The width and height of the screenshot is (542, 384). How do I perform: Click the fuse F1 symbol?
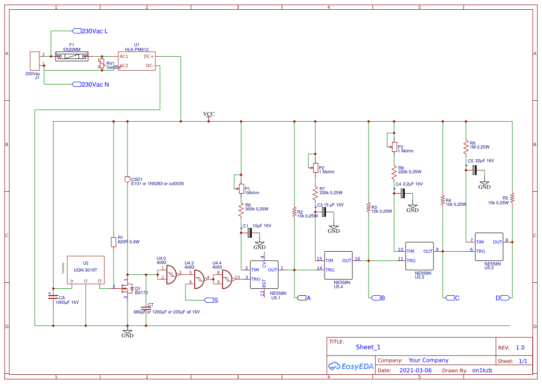click(71, 56)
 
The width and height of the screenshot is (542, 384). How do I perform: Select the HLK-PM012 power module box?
click(137, 61)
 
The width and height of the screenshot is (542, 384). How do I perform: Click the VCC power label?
click(209, 114)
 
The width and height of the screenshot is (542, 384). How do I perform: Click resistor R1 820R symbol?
click(114, 242)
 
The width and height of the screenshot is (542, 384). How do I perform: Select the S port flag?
click(208, 300)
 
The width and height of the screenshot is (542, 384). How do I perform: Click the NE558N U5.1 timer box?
click(264, 274)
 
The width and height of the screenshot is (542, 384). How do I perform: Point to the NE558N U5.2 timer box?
click(488, 247)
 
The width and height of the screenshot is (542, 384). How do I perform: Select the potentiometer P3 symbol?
click(394, 147)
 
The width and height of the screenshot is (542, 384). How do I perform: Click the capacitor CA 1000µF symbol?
click(53, 298)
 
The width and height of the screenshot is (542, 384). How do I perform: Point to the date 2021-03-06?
click(415, 371)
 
